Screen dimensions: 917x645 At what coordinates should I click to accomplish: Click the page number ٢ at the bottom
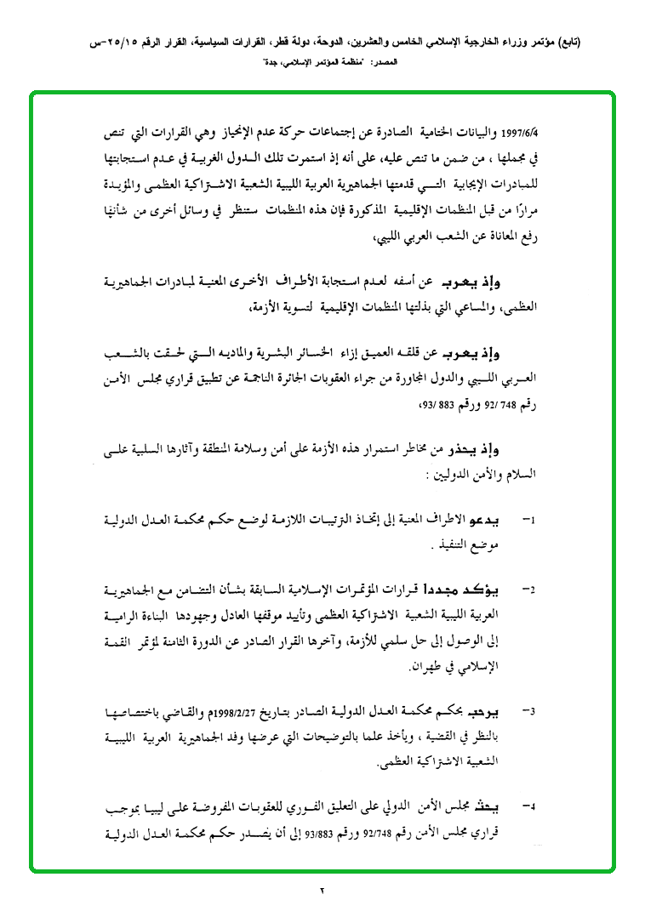(322, 890)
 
